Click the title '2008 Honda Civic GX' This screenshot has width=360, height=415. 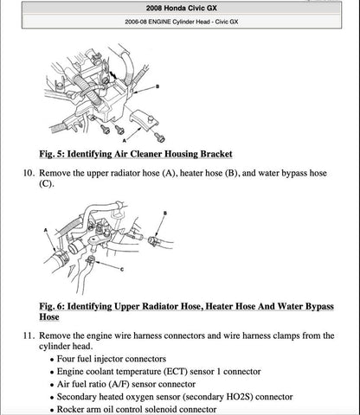pos(179,7)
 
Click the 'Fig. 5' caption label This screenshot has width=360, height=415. pos(57,154)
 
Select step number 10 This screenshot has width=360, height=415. pos(27,174)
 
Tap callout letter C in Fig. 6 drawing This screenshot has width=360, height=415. pos(124,271)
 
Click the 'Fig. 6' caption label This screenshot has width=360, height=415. pos(57,307)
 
